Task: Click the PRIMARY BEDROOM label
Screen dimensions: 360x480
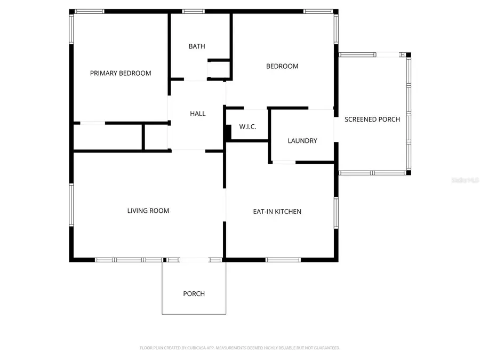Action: pos(120,73)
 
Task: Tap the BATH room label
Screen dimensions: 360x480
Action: pos(197,46)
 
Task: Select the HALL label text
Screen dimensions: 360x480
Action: pos(197,114)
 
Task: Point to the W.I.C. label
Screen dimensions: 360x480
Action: pos(247,126)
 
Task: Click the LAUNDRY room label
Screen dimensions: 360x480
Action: pos(302,141)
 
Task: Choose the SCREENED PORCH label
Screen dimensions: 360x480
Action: pos(372,119)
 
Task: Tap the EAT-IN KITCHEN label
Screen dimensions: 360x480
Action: pos(277,212)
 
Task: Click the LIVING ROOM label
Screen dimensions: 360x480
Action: pos(148,211)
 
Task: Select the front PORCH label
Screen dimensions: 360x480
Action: pos(194,294)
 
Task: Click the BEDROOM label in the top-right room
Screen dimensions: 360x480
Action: pos(282,66)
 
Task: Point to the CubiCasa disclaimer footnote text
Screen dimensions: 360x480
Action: pos(240,348)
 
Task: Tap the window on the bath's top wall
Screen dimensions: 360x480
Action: pos(193,11)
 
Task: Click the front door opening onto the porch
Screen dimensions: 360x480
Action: pos(194,260)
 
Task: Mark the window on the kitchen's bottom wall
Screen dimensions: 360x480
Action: pos(281,260)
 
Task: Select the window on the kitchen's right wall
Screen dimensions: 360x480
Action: pos(336,212)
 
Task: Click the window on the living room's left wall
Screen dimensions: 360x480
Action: pos(71,206)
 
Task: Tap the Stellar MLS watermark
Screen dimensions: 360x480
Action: pos(465,181)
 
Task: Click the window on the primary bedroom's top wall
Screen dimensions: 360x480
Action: pos(90,11)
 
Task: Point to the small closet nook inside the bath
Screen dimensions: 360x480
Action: pos(219,70)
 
